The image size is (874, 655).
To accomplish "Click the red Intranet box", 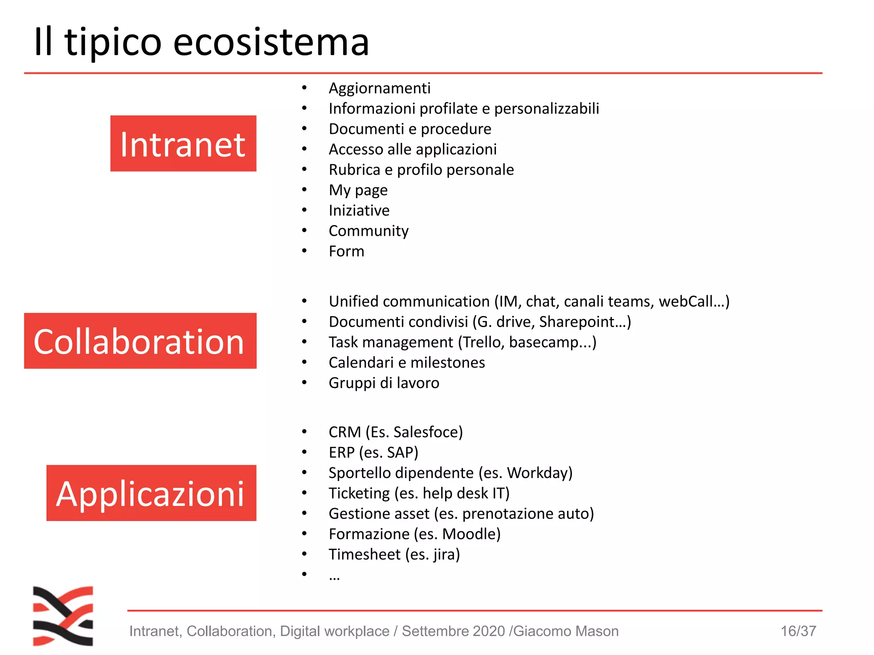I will click(x=183, y=143).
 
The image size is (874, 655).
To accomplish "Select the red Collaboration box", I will click(x=140, y=341).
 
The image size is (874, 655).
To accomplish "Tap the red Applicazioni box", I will click(x=151, y=493).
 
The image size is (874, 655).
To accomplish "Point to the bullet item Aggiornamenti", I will click(x=379, y=88).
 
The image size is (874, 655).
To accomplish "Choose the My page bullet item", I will click(x=358, y=190).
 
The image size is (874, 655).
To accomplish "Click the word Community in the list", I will click(x=368, y=231).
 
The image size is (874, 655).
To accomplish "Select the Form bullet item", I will click(x=346, y=252).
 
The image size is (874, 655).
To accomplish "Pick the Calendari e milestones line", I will click(x=407, y=363).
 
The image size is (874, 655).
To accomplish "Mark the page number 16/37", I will click(x=798, y=631).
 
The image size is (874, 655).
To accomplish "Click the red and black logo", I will click(x=63, y=616).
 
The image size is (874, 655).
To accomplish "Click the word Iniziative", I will click(x=359, y=211).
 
